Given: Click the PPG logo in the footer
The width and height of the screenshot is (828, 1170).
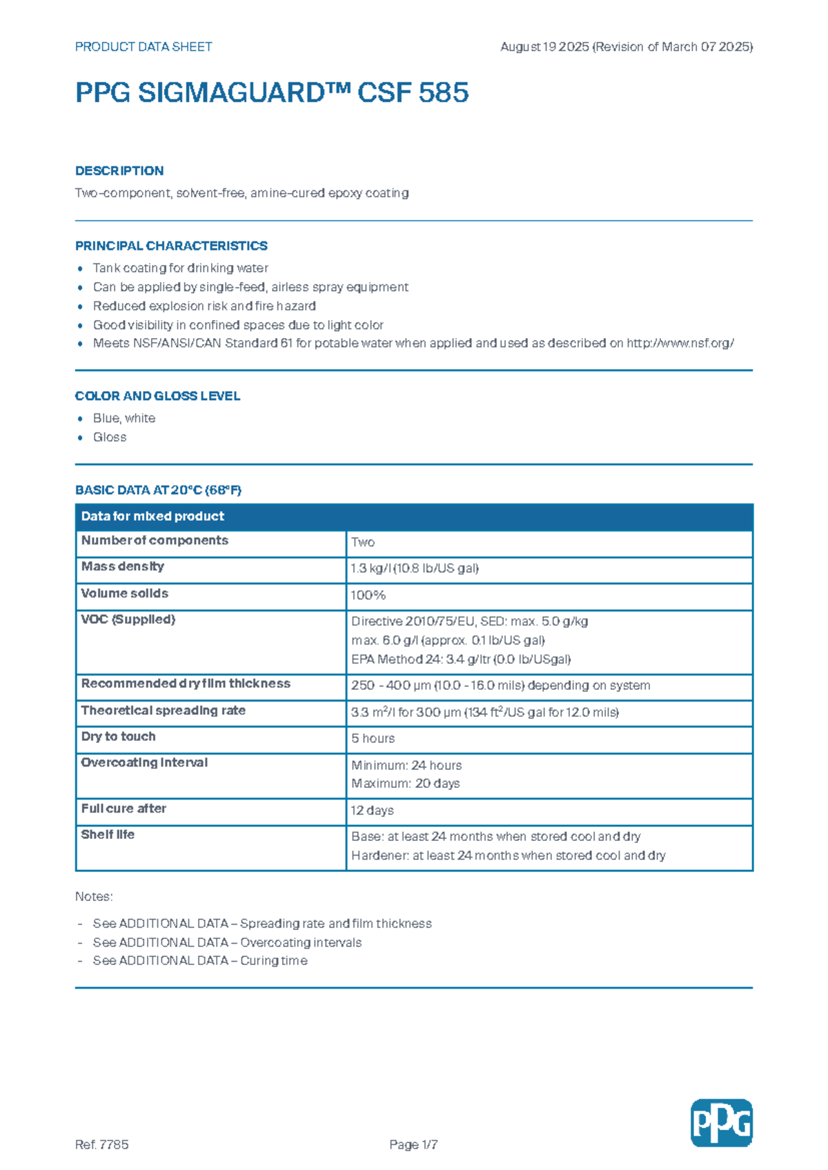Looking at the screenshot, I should pyautogui.click(x=721, y=1123).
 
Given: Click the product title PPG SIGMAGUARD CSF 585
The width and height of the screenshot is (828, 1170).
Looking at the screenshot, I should pyautogui.click(x=272, y=92).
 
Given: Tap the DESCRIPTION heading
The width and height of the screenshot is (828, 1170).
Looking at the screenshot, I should pyautogui.click(x=119, y=170).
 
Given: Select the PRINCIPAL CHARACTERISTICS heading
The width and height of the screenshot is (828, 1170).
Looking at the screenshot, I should pyautogui.click(x=171, y=246).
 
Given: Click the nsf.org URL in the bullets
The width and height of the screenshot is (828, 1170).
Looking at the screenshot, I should pyautogui.click(x=680, y=343).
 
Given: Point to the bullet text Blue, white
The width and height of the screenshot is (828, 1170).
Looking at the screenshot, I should pyautogui.click(x=124, y=418).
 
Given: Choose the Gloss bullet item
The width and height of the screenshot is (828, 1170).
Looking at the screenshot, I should pyautogui.click(x=110, y=437).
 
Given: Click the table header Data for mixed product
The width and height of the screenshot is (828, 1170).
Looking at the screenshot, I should pyautogui.click(x=152, y=516).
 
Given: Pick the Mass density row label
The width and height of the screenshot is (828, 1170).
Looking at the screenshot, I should pyautogui.click(x=123, y=566).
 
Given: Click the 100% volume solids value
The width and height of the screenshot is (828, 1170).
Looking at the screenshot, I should pyautogui.click(x=368, y=595).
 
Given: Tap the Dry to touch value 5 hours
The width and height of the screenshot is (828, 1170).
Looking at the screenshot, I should pyautogui.click(x=373, y=738).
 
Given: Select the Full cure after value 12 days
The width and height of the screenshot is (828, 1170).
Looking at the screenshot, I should pyautogui.click(x=373, y=810).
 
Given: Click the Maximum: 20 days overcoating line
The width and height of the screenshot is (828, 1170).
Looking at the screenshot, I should pyautogui.click(x=406, y=783).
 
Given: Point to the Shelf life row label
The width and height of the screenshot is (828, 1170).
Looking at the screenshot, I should pyautogui.click(x=108, y=834).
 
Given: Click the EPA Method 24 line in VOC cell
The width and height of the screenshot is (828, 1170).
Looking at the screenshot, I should pyautogui.click(x=461, y=659).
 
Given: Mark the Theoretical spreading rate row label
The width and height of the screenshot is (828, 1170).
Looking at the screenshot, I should pyautogui.click(x=164, y=710).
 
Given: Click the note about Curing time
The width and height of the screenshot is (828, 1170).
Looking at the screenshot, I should pyautogui.click(x=200, y=960).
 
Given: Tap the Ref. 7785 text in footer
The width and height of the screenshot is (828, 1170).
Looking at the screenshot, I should pyautogui.click(x=102, y=1144).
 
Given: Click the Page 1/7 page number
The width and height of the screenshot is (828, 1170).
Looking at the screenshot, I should pyautogui.click(x=413, y=1144).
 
